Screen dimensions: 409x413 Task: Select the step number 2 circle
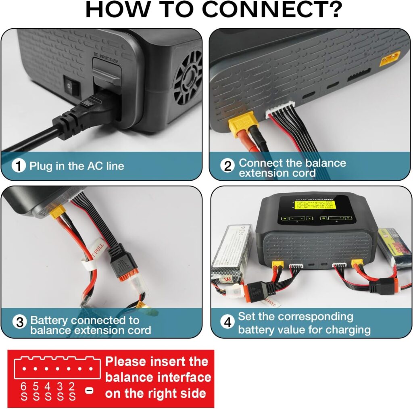click(x=228, y=166)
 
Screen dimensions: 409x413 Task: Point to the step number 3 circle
click(x=19, y=321)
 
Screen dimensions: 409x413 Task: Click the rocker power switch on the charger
click(x=71, y=85)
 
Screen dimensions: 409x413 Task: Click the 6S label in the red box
click(x=24, y=391)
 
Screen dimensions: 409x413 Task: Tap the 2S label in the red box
click(x=72, y=391)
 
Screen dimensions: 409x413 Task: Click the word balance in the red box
click(x=129, y=378)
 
